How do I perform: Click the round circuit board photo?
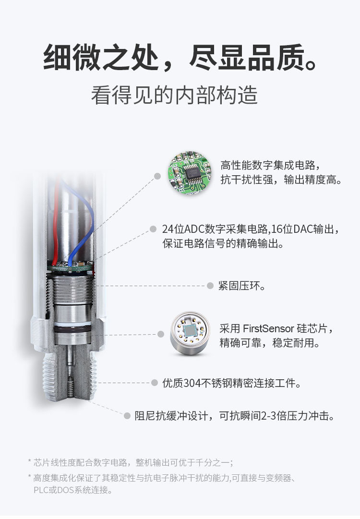coord(189,172)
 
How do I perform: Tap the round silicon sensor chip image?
coord(190,333)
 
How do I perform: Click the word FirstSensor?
coord(268,329)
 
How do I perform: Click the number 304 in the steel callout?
coord(192,383)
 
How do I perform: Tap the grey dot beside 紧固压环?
coord(210,286)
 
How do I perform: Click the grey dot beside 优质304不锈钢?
coord(154,383)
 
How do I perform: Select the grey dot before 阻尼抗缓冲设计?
coord(127,416)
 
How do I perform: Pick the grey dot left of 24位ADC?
coord(153,229)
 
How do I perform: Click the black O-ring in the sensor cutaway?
coord(72,330)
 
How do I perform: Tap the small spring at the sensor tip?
coord(70,387)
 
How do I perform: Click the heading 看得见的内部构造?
coord(174,96)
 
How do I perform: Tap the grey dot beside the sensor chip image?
coord(161,334)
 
